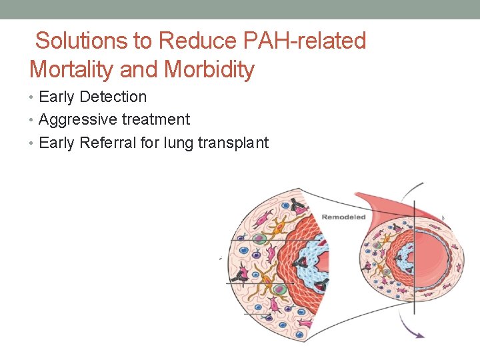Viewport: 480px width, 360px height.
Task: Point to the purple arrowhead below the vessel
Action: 419,335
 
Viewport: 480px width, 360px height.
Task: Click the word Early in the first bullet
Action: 57,97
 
